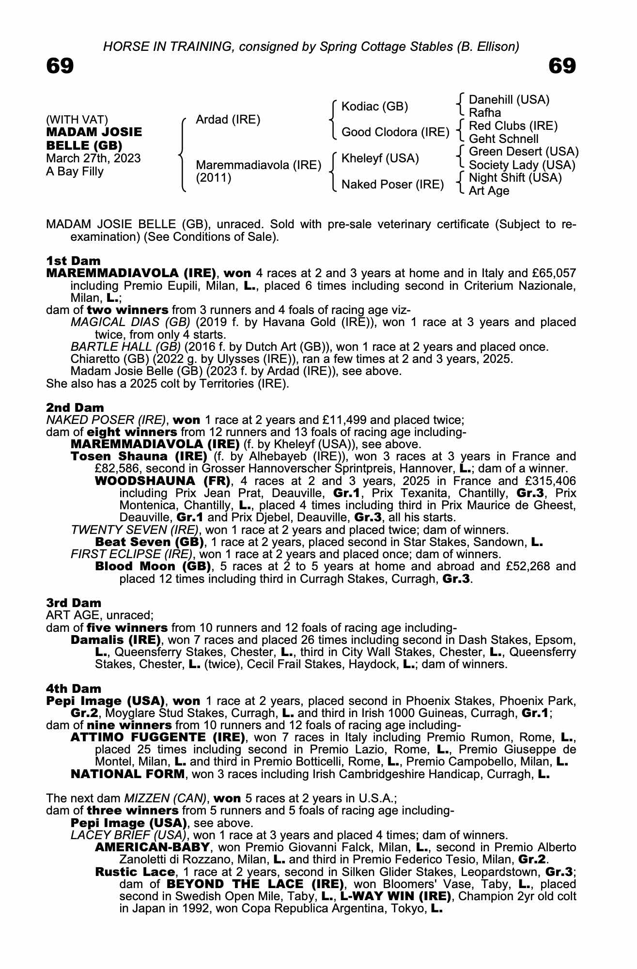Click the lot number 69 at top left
(x=60, y=66)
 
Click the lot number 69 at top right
(x=562, y=66)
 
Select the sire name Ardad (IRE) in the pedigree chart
(x=228, y=120)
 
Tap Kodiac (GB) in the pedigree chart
(x=374, y=107)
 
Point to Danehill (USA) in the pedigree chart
(x=509, y=100)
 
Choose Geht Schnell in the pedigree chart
(x=503, y=139)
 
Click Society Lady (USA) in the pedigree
(x=522, y=165)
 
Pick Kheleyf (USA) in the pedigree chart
(x=380, y=158)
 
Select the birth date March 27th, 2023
(x=93, y=158)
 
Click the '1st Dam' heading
(x=73, y=261)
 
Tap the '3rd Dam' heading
(x=74, y=603)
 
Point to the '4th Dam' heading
(x=74, y=689)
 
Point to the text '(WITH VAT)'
(x=77, y=120)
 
